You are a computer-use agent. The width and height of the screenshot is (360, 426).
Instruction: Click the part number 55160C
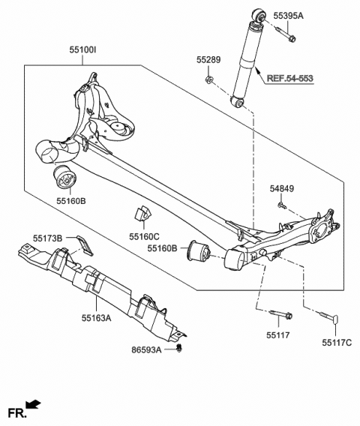(144, 235)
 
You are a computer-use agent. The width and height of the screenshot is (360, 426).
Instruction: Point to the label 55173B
(49, 238)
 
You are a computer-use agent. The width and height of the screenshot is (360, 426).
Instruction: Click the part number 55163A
(97, 319)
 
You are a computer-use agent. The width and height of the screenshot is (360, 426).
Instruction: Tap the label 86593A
(148, 350)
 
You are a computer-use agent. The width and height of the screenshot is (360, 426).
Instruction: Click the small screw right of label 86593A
(180, 349)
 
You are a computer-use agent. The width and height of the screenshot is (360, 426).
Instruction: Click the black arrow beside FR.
(34, 406)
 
